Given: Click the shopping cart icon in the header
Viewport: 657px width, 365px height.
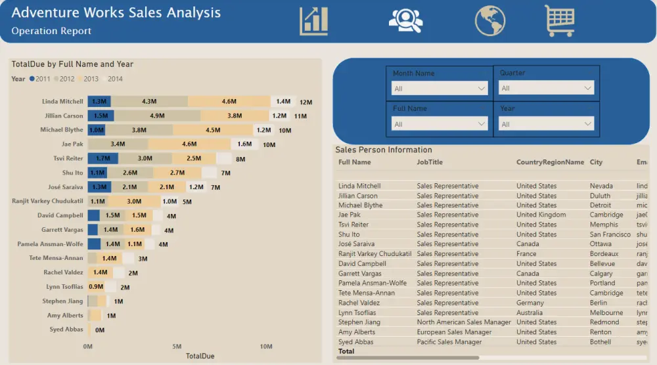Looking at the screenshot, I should pos(559,20).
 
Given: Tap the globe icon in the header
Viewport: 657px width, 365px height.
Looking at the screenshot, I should pos(490,20).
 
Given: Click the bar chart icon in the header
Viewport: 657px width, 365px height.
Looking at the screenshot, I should pos(313,21).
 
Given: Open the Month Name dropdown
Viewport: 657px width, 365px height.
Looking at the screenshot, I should pos(440,88).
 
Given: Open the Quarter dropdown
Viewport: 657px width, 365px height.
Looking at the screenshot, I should pos(547,88).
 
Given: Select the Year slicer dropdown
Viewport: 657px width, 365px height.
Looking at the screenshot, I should pos(547,123).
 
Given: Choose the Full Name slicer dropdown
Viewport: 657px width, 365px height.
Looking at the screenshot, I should pos(440,123).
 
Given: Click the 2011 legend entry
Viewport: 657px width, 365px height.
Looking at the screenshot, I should pos(40,79).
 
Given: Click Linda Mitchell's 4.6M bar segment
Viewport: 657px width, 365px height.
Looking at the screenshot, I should pos(229,101).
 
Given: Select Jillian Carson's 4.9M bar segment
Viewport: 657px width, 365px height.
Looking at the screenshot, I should pos(157,116).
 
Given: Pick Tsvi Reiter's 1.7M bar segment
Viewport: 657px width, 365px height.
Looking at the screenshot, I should pos(103,158).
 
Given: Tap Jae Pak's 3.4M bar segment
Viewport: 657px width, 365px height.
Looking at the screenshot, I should pos(118,144).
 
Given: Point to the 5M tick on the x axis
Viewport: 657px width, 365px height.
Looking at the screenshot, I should pos(177,346).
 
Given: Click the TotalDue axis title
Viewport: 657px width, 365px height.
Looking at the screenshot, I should pos(200,356).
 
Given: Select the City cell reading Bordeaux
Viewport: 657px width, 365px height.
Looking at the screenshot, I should pos(603,253).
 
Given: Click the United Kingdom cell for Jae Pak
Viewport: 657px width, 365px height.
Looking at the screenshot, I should pos(541,215).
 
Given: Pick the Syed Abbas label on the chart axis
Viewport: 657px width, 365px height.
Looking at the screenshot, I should pos(66,330).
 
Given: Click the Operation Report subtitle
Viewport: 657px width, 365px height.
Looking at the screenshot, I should pos(51,31).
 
